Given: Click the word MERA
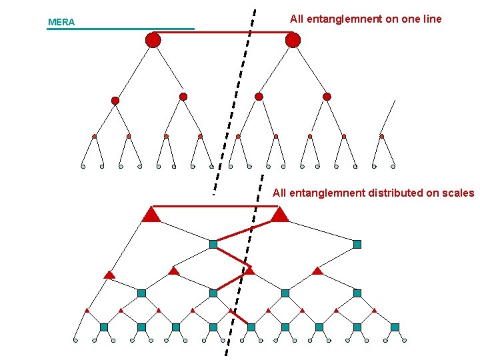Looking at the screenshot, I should pyautogui.click(x=61, y=23).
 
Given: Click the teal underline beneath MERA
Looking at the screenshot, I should pyautogui.click(x=120, y=29).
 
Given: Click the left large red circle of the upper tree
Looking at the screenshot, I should pyautogui.click(x=153, y=41).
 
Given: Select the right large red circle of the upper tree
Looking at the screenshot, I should pyautogui.click(x=293, y=41).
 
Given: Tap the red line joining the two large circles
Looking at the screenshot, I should pyautogui.click(x=223, y=32).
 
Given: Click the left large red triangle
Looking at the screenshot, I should pyautogui.click(x=151, y=215).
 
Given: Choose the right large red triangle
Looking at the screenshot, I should pyautogui.click(x=279, y=215).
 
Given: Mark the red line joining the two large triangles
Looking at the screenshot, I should pyautogui.click(x=215, y=207).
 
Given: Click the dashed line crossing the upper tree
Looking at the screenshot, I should pyautogui.click(x=235, y=100).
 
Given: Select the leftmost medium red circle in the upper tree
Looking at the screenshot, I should pyautogui.click(x=115, y=101).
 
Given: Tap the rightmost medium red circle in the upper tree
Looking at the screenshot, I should pyautogui.click(x=327, y=97).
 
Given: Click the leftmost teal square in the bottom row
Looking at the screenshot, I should pyautogui.click(x=104, y=327).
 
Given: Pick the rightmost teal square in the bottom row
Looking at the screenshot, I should pyautogui.click(x=395, y=327).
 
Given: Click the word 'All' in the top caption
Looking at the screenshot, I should pyautogui.click(x=297, y=19).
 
